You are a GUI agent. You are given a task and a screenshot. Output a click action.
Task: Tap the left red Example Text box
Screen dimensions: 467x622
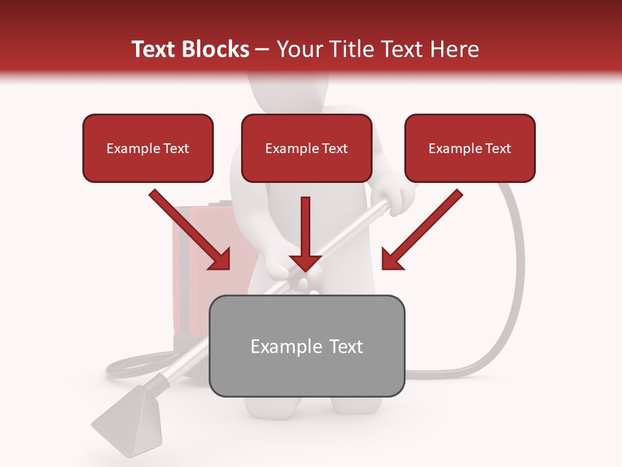point(148,148)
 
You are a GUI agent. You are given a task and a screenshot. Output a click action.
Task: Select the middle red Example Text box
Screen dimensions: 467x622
point(306,148)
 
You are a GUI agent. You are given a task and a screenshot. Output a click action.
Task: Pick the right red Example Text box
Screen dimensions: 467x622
point(470,148)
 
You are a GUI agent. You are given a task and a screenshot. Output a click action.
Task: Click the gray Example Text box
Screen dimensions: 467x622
point(306,346)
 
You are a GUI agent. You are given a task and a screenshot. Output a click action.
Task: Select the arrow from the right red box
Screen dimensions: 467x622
point(421,230)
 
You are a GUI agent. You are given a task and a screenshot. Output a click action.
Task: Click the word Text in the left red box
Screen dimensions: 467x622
point(176,149)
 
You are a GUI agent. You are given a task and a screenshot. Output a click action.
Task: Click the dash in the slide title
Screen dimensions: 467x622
point(262,49)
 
